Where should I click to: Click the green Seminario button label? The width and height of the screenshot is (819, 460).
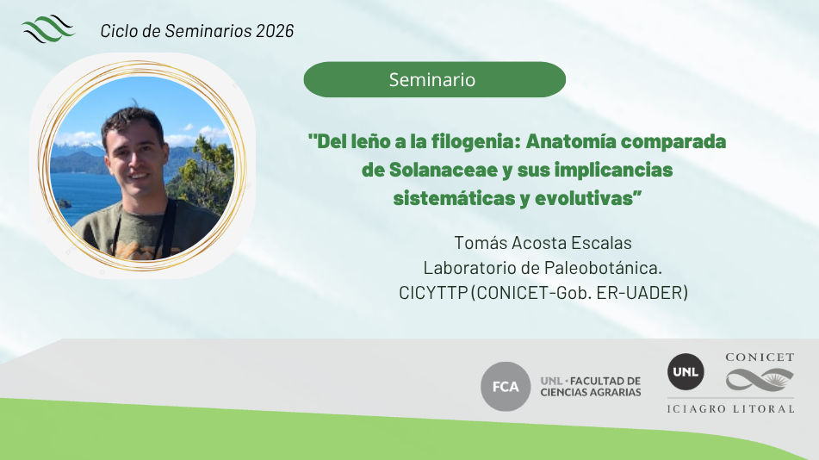[432, 79]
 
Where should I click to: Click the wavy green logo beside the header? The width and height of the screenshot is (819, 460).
[48, 28]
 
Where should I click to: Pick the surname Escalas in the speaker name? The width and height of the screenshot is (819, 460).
[601, 243]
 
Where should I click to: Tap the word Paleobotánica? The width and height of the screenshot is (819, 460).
[604, 268]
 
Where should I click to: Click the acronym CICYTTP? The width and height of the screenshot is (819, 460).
[433, 293]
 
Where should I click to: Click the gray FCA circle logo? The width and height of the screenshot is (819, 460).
[506, 386]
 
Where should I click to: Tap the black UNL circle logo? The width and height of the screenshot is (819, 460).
[686, 371]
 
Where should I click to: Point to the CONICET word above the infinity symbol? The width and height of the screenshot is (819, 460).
[760, 357]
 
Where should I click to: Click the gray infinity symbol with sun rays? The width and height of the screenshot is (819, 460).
[760, 380]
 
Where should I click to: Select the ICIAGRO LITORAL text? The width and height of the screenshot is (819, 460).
[731, 409]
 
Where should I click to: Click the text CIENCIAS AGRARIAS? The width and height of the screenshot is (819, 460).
[591, 393]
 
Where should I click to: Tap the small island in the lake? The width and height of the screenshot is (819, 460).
[65, 203]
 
